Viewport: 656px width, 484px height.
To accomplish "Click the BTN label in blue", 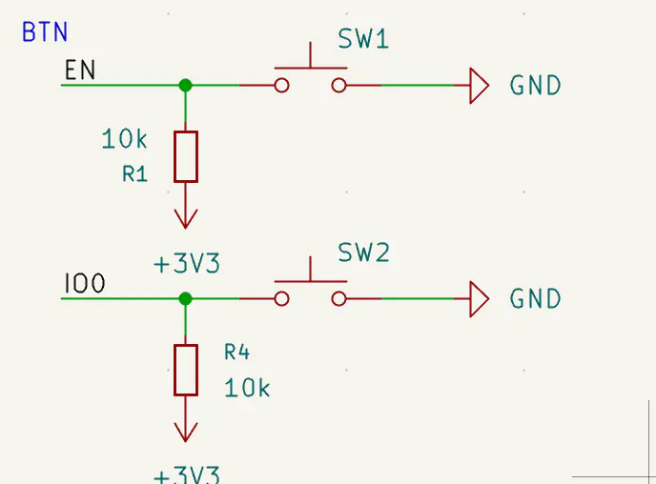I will tap(45, 32).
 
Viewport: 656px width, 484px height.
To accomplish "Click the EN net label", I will tap(79, 71).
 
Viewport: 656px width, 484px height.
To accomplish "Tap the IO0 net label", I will tap(84, 284).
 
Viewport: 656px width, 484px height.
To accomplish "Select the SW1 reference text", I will tap(363, 40).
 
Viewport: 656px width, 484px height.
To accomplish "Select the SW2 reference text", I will tap(363, 253).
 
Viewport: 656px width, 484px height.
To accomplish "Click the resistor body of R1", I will tap(186, 157).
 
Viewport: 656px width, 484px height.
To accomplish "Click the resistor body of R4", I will tap(186, 370).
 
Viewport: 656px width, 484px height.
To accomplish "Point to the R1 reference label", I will tap(135, 174).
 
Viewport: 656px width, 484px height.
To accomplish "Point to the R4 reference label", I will tap(236, 353).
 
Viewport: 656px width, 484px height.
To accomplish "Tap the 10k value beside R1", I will tap(124, 140).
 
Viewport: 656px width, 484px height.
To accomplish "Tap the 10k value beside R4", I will tap(247, 389).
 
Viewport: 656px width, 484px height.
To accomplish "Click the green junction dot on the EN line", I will tap(186, 86).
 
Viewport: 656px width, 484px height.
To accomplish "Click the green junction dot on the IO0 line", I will tap(186, 298).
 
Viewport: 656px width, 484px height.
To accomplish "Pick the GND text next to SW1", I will tap(535, 86).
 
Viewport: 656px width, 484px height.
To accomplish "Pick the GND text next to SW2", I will tap(535, 299).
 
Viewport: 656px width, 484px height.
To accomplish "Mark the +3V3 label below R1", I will tap(187, 264).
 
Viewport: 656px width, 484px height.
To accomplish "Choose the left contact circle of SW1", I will tap(281, 86).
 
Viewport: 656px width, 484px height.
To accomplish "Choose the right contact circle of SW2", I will tap(338, 299).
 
